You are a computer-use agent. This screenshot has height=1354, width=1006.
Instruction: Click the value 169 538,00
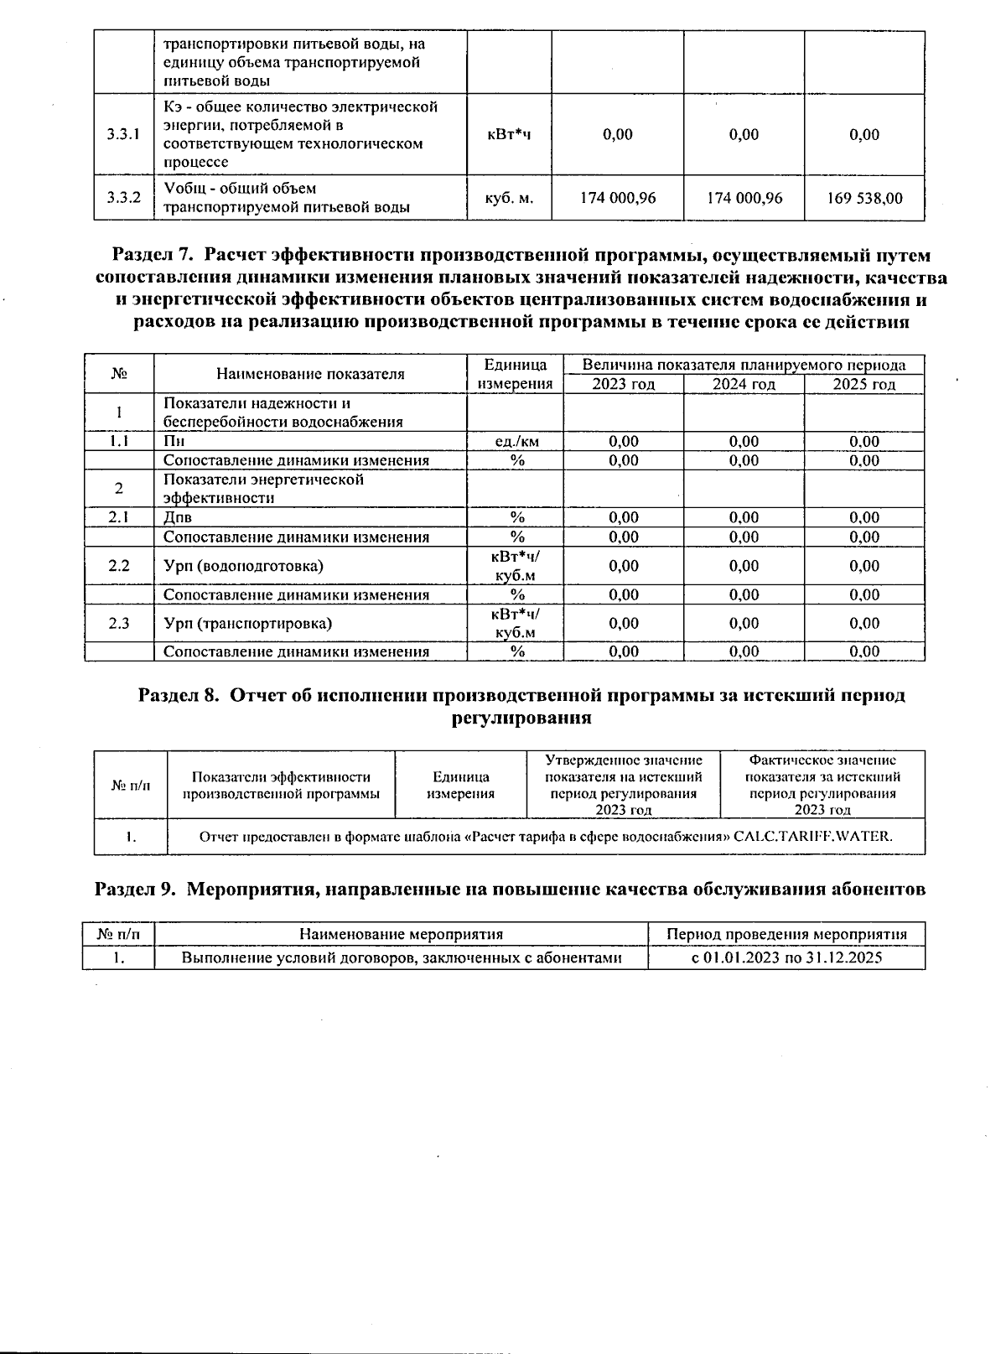(864, 199)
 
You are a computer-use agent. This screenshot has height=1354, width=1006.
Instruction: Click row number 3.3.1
(123, 134)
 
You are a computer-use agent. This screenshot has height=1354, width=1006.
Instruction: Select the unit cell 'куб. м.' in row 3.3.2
(510, 199)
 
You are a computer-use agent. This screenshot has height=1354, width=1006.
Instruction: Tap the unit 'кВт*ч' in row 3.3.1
(510, 134)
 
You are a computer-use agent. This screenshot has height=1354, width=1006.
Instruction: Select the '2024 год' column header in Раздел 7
(744, 385)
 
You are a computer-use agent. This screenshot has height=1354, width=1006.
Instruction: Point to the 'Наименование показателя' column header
(310, 375)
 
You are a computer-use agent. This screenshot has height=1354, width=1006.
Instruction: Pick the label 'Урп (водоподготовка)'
(243, 566)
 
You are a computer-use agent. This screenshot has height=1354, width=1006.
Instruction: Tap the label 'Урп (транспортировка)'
(247, 624)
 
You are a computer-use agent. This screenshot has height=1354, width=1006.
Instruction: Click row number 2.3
(119, 624)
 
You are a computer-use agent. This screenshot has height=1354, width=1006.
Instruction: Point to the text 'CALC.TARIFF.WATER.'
(812, 837)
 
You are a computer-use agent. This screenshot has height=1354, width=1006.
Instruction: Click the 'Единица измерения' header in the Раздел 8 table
(460, 786)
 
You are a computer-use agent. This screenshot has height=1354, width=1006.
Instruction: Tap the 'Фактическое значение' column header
(822, 760)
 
